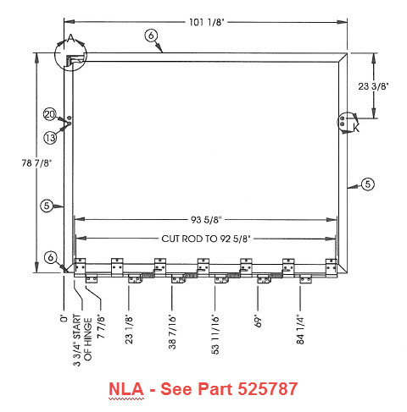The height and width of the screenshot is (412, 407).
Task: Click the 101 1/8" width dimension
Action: (x=206, y=22)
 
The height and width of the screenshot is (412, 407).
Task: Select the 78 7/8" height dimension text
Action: (x=36, y=162)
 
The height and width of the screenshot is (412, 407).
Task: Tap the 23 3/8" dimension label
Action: (x=373, y=86)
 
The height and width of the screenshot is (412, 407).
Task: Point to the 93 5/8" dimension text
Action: (x=206, y=220)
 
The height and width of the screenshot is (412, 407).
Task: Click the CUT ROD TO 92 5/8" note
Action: (x=206, y=239)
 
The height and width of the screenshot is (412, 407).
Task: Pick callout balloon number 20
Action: (x=49, y=114)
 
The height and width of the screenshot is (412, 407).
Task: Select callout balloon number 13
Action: (x=50, y=138)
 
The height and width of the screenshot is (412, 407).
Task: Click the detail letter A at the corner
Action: (x=70, y=38)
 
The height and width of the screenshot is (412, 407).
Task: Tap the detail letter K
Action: (x=356, y=128)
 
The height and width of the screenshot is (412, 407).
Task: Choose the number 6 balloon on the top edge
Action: (x=151, y=36)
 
